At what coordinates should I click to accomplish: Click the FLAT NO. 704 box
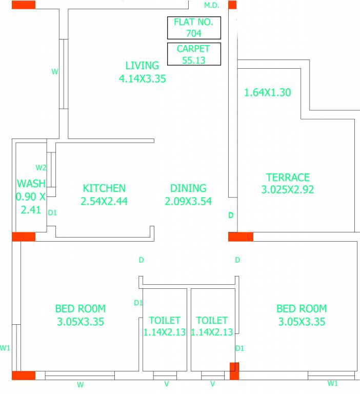194,28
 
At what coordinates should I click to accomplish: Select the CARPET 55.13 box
194,54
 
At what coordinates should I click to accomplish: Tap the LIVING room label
142,66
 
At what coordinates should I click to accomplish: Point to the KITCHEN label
104,188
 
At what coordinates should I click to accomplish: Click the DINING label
188,188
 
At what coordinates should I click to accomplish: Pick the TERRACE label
288,178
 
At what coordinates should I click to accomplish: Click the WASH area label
31,184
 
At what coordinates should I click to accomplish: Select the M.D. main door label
211,6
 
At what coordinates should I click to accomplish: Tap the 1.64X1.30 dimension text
267,93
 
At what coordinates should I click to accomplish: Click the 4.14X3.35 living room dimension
142,78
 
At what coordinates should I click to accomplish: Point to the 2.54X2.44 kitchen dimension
104,201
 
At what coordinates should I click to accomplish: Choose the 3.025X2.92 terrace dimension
288,190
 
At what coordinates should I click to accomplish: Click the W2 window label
41,168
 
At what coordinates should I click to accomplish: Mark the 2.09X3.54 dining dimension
188,201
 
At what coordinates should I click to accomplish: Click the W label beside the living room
55,72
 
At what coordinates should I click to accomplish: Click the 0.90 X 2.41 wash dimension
31,203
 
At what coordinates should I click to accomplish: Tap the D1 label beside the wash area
52,212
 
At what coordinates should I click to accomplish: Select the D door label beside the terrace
231,215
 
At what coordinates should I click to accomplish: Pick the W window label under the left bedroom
80,384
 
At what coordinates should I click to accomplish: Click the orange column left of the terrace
241,237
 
